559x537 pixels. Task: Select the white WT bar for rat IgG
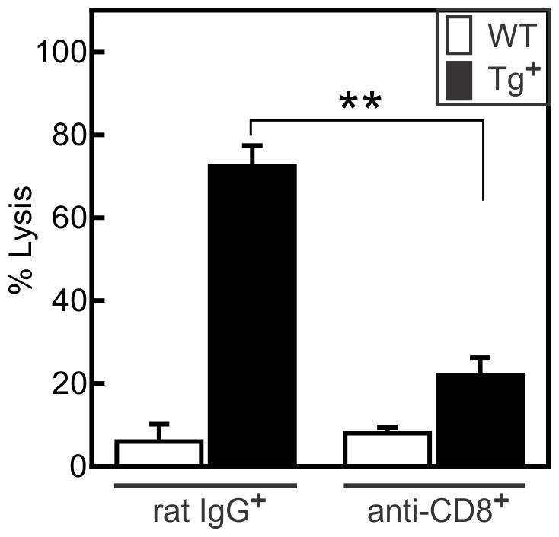pyautogui.click(x=159, y=453)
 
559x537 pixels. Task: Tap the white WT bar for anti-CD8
pyautogui.click(x=388, y=449)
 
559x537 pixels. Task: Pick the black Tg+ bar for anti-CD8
pyautogui.click(x=481, y=419)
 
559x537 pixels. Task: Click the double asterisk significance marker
pyautogui.click(x=360, y=103)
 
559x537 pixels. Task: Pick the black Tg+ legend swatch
pyautogui.click(x=456, y=80)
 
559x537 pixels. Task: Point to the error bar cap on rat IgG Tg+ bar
pyautogui.click(x=252, y=145)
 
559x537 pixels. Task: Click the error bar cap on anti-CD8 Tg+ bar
pyautogui.click(x=481, y=357)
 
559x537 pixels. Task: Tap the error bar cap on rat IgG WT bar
pyautogui.click(x=159, y=424)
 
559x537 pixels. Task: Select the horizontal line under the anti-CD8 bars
pyautogui.click(x=434, y=485)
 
